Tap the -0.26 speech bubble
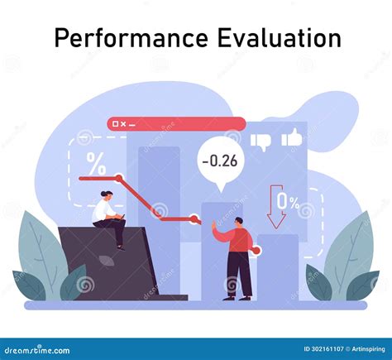(x=218, y=161)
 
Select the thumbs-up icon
(x=291, y=138)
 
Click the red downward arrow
(x=276, y=206)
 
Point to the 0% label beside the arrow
(x=288, y=201)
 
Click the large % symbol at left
(x=96, y=164)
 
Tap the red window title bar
(x=175, y=124)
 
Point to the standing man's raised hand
(x=213, y=225)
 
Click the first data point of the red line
(x=119, y=178)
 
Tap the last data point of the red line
(x=194, y=219)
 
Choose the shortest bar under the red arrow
(x=277, y=265)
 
